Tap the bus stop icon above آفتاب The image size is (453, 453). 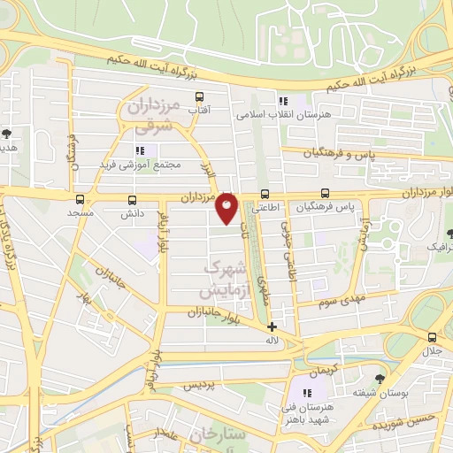[x=199, y=97]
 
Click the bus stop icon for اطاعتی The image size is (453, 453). [x=265, y=195]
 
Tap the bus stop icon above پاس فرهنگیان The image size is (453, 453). [x=326, y=193]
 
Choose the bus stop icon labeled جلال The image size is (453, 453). [x=432, y=337]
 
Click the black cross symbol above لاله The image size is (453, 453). [x=272, y=326]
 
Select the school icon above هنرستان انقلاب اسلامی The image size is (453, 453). [x=283, y=101]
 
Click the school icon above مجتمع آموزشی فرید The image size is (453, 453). [x=140, y=150]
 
